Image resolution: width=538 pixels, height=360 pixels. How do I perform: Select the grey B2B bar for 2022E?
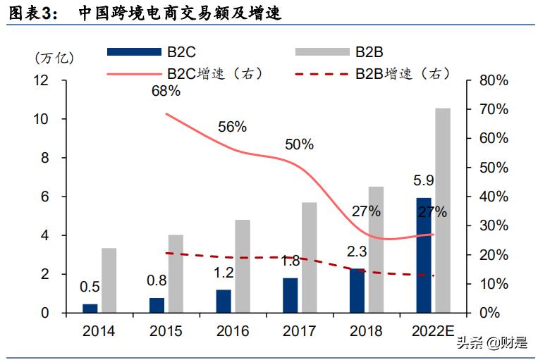(x=442, y=210)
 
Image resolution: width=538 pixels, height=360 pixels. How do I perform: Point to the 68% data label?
(x=166, y=91)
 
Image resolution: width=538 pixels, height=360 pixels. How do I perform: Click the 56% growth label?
(x=232, y=127)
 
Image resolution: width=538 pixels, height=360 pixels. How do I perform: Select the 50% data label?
(x=299, y=144)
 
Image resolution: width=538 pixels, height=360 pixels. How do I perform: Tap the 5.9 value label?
(x=423, y=182)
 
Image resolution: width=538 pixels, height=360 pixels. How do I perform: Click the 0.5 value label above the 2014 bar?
(x=89, y=287)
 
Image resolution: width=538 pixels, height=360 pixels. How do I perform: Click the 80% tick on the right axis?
(x=493, y=81)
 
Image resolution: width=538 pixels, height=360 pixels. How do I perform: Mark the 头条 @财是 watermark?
(x=491, y=343)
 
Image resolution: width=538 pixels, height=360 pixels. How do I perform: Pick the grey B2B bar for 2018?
(x=377, y=249)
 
